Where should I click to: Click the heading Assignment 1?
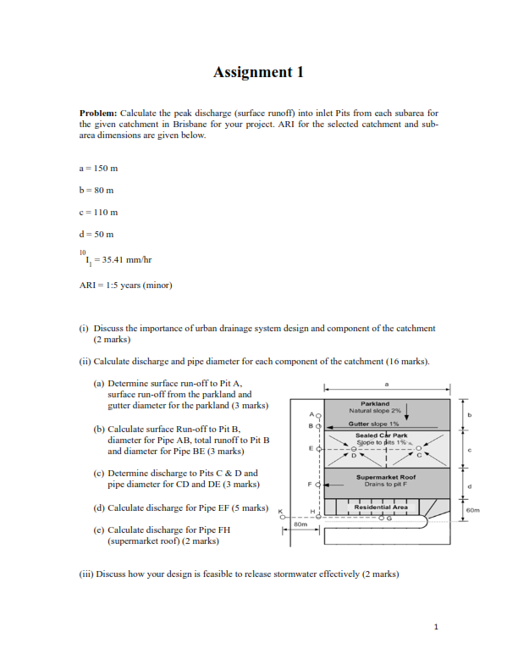(x=258, y=72)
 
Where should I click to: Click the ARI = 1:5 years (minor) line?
(x=125, y=285)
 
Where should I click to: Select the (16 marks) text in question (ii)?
(x=408, y=361)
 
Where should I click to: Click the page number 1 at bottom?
(x=435, y=627)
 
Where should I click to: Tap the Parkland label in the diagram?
(x=375, y=403)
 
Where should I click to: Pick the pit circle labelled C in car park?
(x=417, y=449)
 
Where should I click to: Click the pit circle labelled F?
(x=319, y=485)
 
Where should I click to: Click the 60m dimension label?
(x=474, y=510)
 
